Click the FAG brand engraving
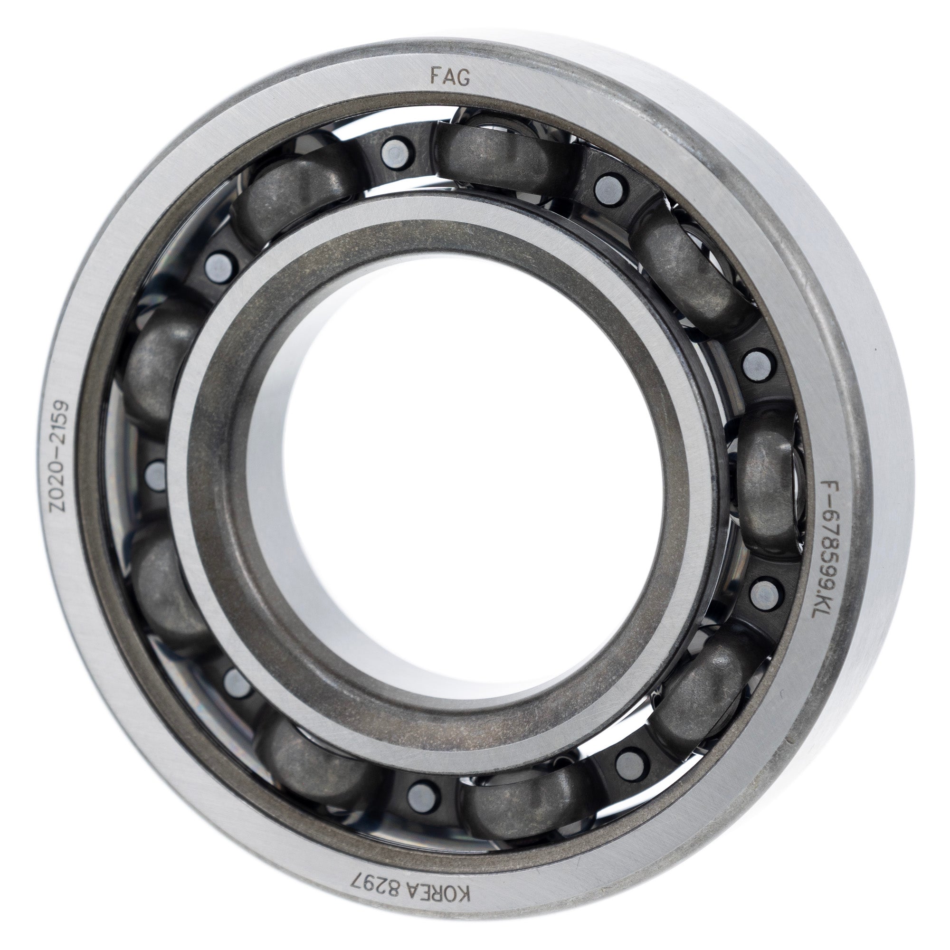(450, 76)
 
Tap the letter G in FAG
(463, 76)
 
